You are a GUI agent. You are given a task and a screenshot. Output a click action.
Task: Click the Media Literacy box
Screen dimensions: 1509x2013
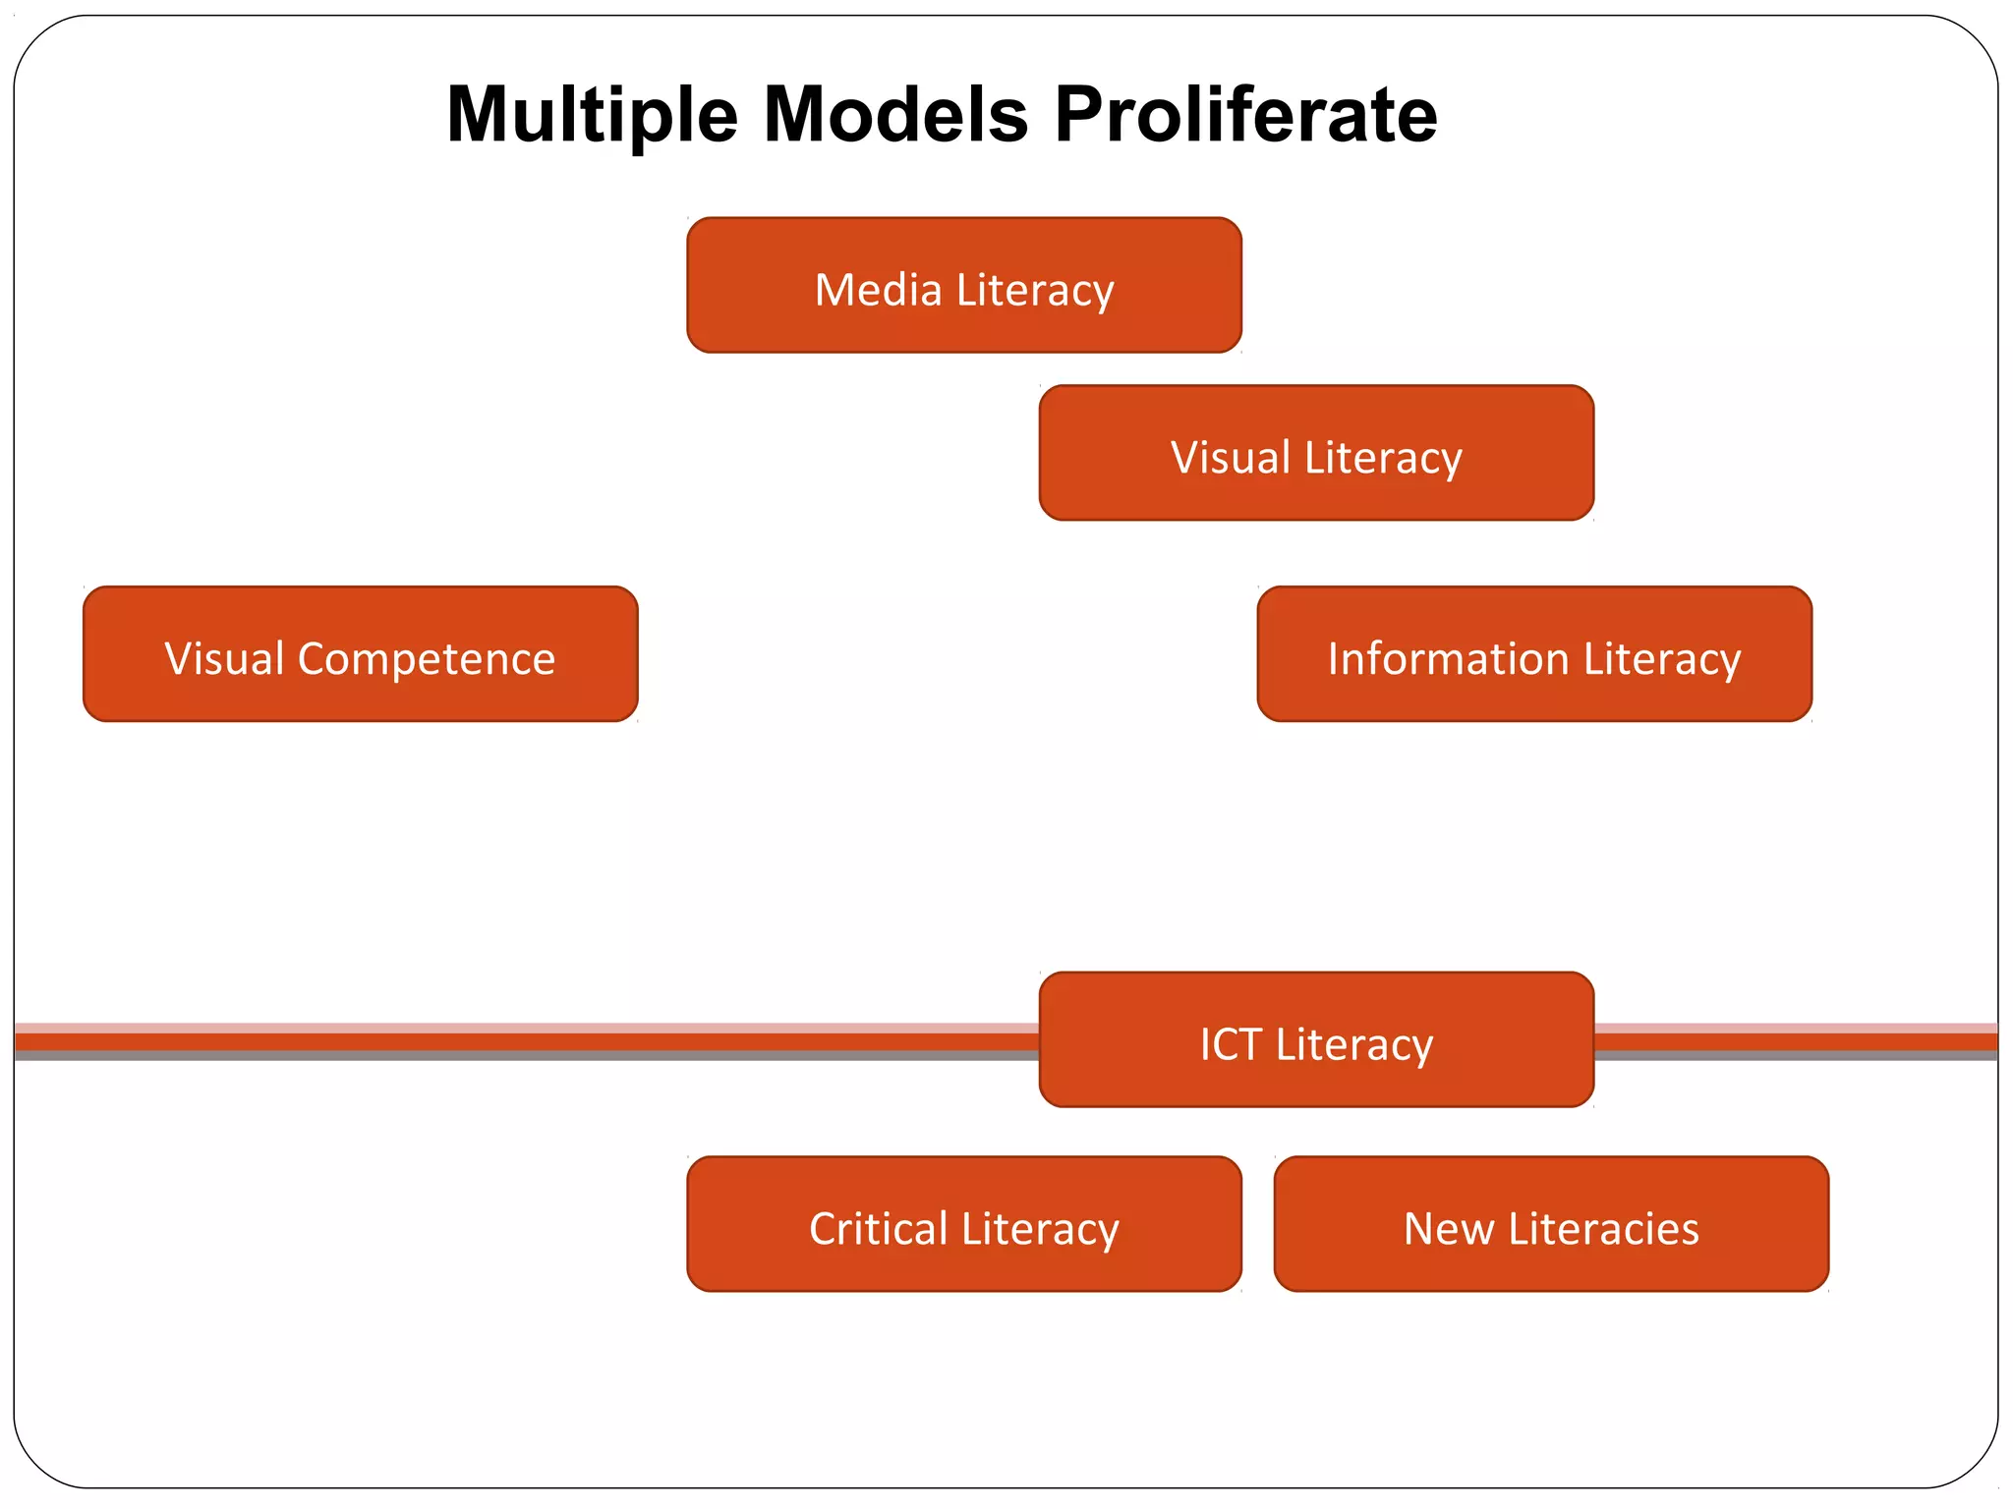pos(963,285)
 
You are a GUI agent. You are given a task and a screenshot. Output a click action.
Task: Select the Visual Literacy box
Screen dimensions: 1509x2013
pos(1316,453)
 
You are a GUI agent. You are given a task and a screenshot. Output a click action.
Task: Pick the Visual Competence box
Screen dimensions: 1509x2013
pos(360,654)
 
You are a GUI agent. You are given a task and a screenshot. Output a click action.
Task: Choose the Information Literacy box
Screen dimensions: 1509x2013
pos(1533,654)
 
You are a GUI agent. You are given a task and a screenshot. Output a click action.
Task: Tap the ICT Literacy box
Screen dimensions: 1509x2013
pos(1316,1039)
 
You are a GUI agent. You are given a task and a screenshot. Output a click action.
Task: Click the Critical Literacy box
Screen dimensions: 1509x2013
pos(963,1224)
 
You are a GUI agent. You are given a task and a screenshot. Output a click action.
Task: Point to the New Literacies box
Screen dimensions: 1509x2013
pos(1551,1224)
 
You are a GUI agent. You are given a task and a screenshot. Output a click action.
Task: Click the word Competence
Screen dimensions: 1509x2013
pos(427,659)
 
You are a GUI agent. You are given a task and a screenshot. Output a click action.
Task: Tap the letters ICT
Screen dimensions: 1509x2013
pos(1231,1044)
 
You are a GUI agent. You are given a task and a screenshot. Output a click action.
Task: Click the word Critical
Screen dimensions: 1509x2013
pos(879,1229)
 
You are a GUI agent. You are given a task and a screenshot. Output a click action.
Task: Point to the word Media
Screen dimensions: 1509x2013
pos(878,290)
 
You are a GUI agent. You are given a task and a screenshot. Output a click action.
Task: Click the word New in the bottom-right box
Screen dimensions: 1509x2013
pos(1449,1229)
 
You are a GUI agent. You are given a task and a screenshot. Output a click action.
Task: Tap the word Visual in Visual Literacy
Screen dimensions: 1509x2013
pos(1230,458)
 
